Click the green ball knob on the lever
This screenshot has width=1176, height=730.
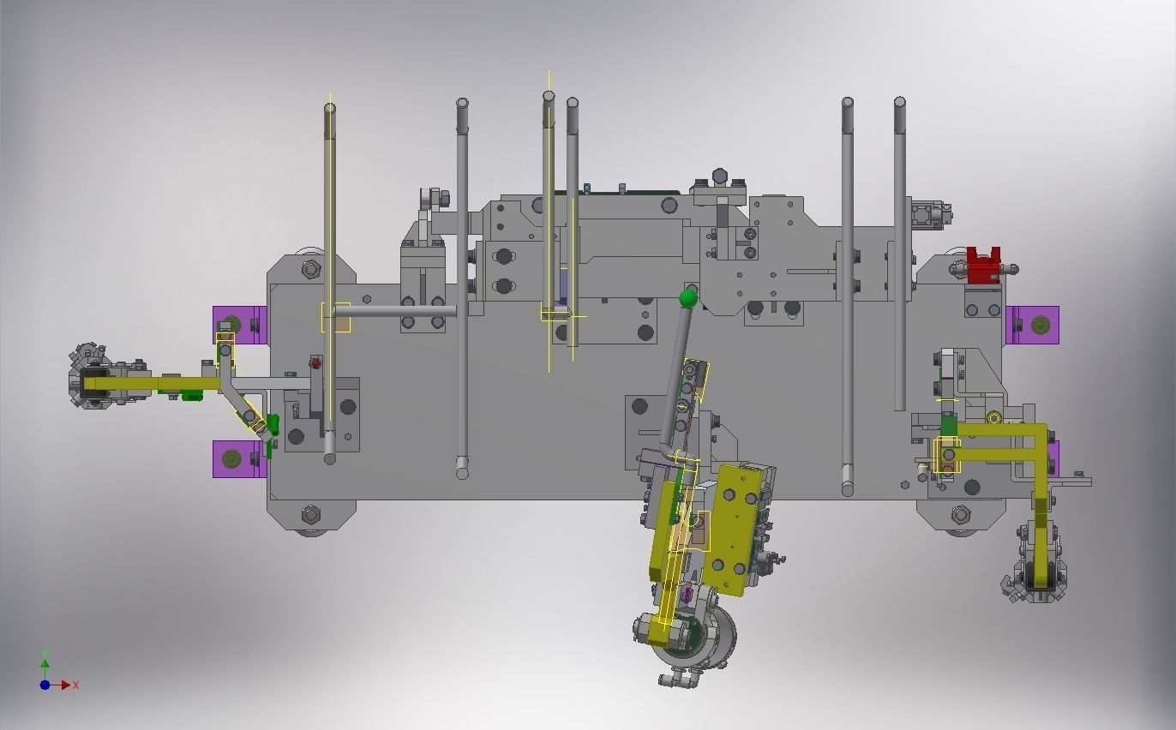pyautogui.click(x=688, y=299)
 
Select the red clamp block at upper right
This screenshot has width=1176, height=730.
pyautogui.click(x=983, y=266)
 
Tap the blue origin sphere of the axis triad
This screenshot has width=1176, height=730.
pyautogui.click(x=45, y=685)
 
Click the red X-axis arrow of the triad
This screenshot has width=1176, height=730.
pyautogui.click(x=64, y=685)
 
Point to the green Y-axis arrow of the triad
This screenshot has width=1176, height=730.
pyautogui.click(x=45, y=667)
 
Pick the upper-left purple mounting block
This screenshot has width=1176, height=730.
pyautogui.click(x=240, y=325)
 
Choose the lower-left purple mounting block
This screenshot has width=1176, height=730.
pyautogui.click(x=239, y=459)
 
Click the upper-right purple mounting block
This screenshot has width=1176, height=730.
pyautogui.click(x=1033, y=325)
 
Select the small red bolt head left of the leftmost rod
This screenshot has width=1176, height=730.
pyautogui.click(x=315, y=362)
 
